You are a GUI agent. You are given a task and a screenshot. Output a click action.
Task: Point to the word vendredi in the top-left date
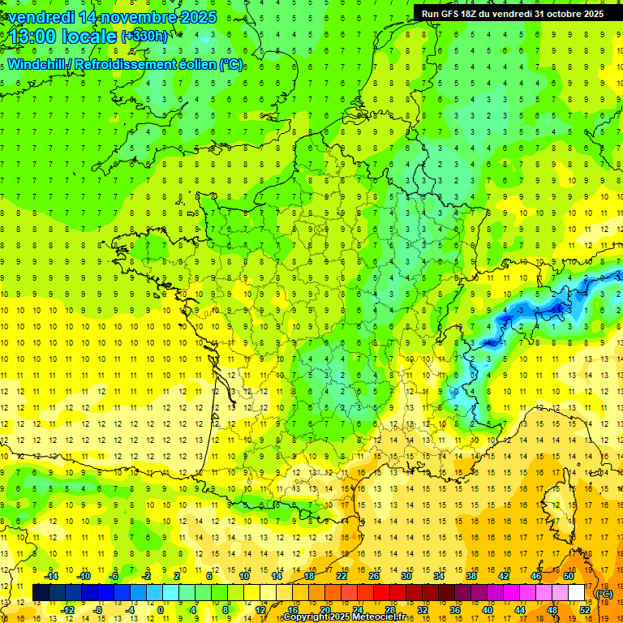(x=40, y=16)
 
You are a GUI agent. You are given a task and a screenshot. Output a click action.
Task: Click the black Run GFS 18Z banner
(x=513, y=13)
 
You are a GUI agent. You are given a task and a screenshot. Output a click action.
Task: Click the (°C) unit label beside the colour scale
(x=604, y=593)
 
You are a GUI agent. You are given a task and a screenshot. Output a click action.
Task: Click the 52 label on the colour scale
(x=584, y=609)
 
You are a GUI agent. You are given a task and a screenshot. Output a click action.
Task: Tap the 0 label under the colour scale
(x=160, y=609)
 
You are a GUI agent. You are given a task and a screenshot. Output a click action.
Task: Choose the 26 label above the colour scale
(x=374, y=576)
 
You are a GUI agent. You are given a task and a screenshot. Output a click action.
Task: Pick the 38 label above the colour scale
(x=470, y=576)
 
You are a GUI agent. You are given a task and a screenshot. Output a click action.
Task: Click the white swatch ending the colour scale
(x=576, y=592)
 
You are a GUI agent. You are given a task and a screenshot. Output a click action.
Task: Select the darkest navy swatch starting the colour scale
(x=41, y=592)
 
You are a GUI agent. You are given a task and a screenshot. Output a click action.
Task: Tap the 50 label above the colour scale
(x=568, y=576)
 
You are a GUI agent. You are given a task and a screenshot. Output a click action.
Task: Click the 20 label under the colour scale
(x=324, y=609)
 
